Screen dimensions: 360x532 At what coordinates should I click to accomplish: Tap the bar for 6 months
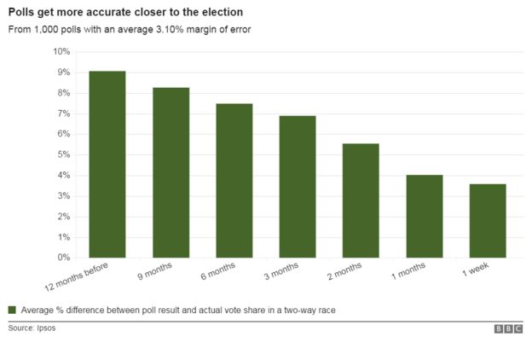coord(234,180)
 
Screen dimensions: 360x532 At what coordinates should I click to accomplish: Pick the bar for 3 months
coord(298,186)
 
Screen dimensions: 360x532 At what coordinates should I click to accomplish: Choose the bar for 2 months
coord(361,200)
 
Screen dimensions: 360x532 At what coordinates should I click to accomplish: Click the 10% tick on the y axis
coord(61,52)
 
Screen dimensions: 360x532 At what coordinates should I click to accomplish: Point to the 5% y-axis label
coord(63,154)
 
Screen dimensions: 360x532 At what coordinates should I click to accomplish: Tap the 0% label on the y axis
coord(63,258)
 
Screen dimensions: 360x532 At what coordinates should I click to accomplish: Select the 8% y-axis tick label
coord(63,93)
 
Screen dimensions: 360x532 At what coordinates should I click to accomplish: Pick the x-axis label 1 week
coord(475,271)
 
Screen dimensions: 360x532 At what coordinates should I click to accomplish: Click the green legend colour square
coord(12,310)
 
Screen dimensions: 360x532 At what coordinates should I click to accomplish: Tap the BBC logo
coord(508,328)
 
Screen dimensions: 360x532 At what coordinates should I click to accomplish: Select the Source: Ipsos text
coord(32,328)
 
